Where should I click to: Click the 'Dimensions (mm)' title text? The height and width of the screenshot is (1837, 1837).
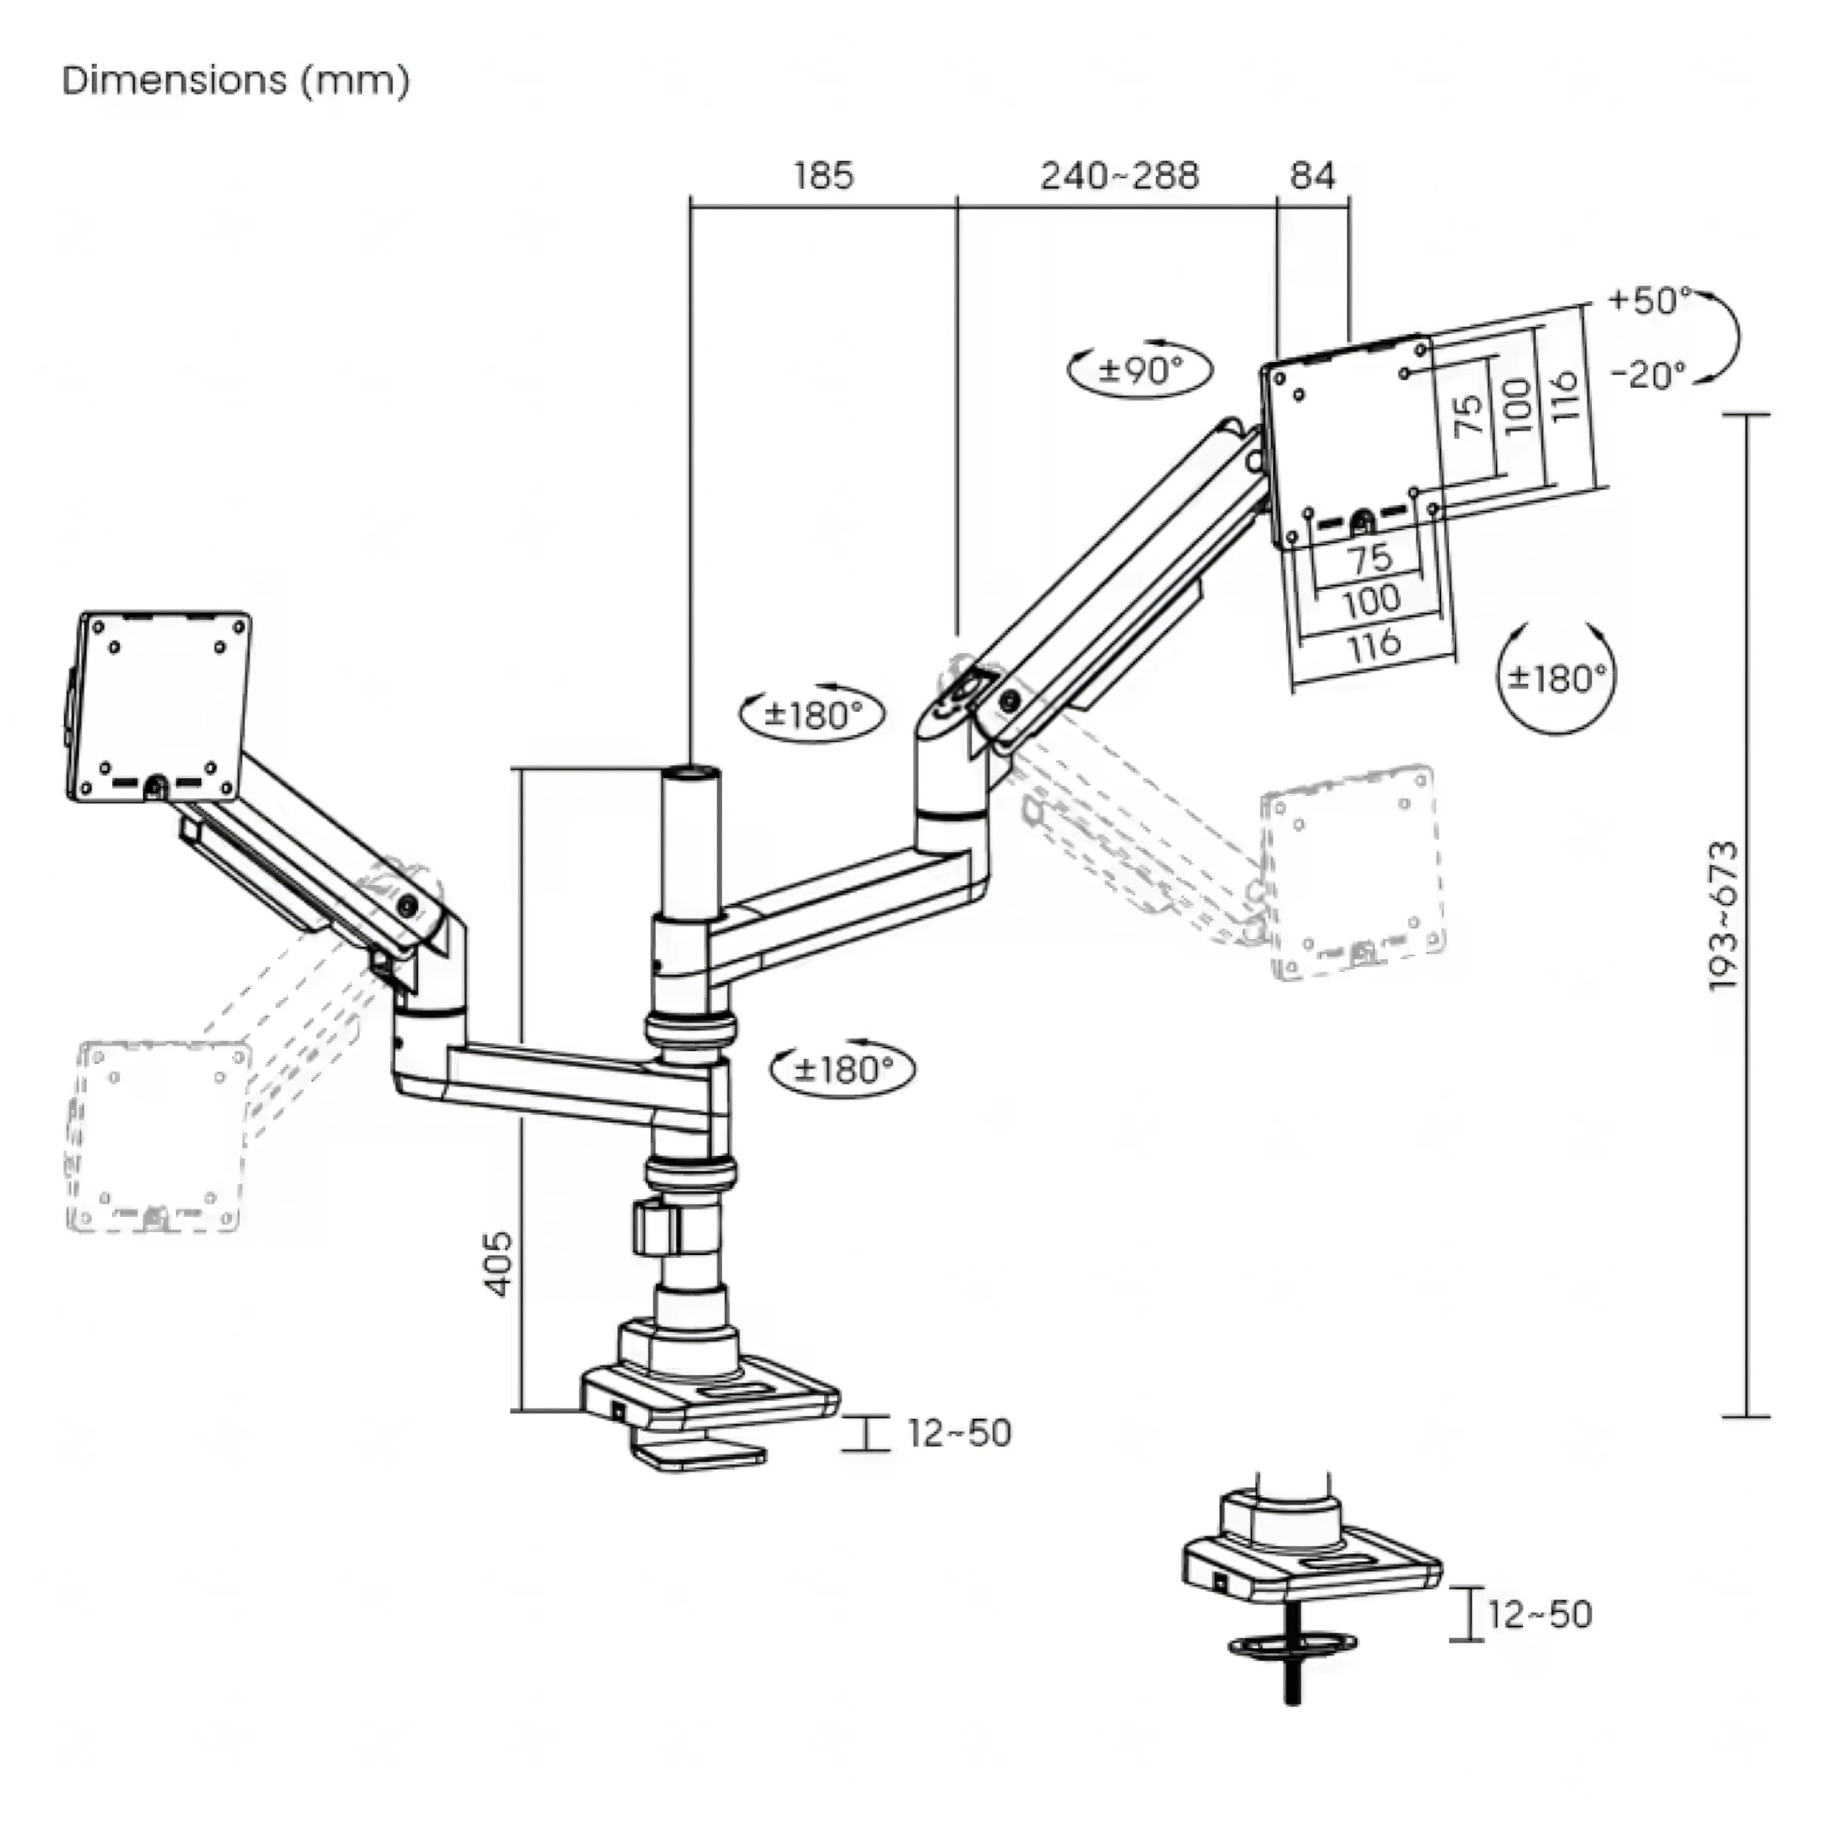236,81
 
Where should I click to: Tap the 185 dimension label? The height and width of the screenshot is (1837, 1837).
823,176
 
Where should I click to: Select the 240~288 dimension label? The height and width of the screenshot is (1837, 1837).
1119,176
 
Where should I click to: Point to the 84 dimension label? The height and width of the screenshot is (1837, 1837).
1312,176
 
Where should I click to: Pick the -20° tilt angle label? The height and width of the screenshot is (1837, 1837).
1649,375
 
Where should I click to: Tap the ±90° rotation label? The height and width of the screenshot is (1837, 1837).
1140,369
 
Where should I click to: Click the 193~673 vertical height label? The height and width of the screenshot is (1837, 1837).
1723,915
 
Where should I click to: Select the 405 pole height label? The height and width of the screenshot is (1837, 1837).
498,1264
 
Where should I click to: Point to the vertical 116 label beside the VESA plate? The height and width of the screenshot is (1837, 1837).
1564,395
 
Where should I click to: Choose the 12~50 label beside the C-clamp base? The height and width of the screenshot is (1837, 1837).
959,1433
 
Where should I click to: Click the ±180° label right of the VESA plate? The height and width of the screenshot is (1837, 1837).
1557,678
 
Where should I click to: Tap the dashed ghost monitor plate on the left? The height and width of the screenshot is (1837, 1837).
157,1137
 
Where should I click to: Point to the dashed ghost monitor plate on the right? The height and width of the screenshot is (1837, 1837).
1352,872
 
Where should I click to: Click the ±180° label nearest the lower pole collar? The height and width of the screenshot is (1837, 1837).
842,1070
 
